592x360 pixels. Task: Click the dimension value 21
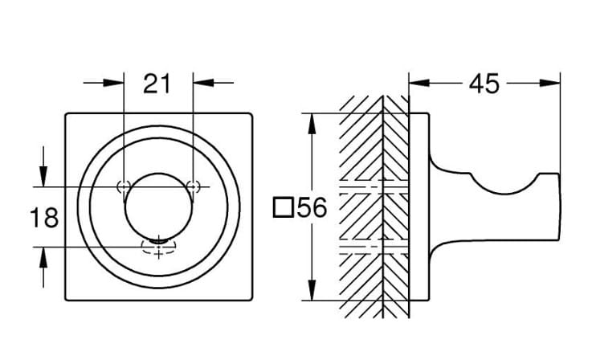[157, 84]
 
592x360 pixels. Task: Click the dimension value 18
[44, 218]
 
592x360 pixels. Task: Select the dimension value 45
[484, 84]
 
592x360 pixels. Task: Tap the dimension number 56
[312, 207]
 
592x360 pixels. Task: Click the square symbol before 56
[284, 207]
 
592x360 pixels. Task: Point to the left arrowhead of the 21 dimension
[113, 82]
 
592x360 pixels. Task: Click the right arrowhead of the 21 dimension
[203, 82]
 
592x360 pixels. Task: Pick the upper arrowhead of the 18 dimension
[43, 176]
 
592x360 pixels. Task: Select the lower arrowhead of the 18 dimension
[43, 258]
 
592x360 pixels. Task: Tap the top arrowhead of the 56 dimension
[312, 124]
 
